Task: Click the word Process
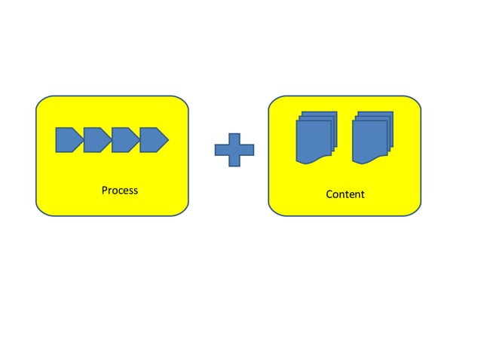[119, 190]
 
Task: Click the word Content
[345, 194]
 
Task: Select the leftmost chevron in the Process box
[69, 139]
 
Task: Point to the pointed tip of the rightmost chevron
[167, 139]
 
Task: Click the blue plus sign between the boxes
[234, 151]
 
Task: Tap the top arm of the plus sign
[234, 140]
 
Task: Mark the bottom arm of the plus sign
[234, 161]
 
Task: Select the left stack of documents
[315, 137]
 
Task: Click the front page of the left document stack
[311, 142]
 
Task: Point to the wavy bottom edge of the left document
[311, 161]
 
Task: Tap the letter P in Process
[104, 190]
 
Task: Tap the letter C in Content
[329, 194]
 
